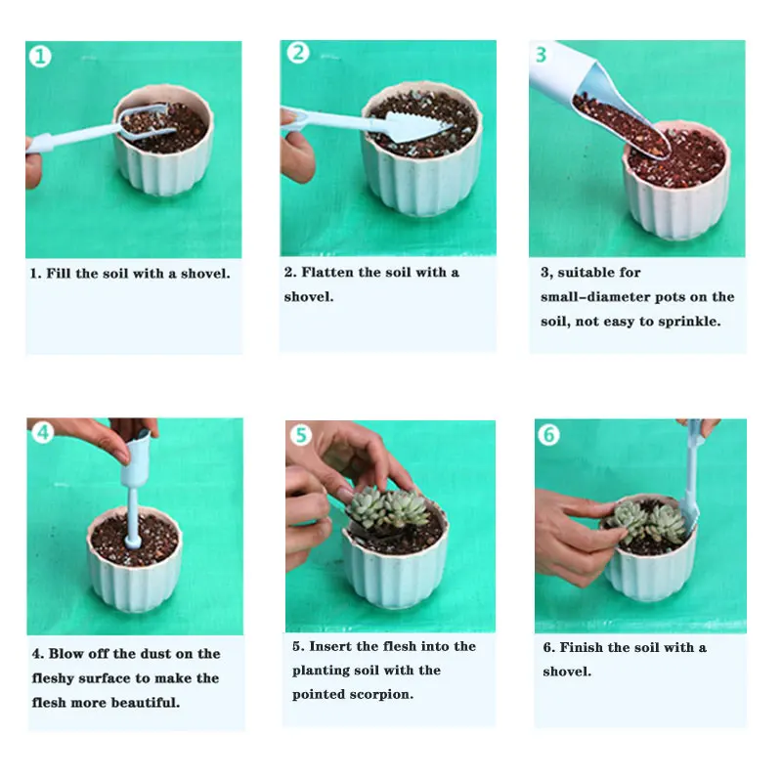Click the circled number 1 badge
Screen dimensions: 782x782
40,57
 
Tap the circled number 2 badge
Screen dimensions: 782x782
298,53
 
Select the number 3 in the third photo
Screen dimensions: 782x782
542,55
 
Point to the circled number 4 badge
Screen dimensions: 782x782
43,432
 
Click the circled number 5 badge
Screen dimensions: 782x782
301,435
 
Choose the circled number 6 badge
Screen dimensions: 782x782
548,435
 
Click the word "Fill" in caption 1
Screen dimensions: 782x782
58,274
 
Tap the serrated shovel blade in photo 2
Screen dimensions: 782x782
416,127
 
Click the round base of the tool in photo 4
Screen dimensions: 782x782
133,542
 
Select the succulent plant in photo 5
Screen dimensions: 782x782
388,507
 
